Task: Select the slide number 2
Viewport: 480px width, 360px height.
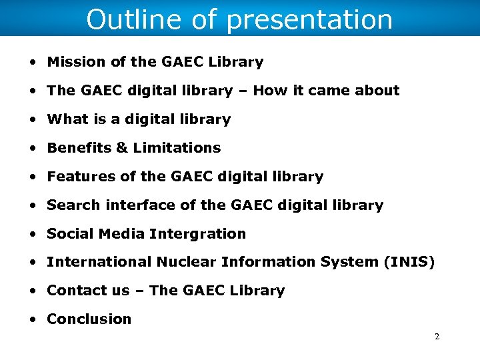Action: tap(437, 337)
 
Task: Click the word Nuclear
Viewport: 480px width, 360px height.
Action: tap(186, 262)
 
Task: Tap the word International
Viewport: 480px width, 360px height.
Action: tap(99, 262)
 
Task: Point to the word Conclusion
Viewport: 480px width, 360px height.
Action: tap(89, 319)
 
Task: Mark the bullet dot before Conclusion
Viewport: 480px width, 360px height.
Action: tap(33, 319)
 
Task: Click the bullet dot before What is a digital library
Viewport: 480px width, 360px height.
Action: tap(33, 120)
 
